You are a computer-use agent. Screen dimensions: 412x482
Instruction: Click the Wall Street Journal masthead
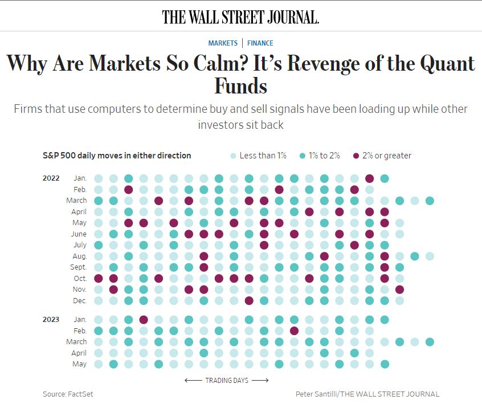tap(240, 17)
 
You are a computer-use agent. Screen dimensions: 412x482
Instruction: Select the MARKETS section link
tap(223, 43)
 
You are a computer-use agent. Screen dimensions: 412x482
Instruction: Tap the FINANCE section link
tap(260, 43)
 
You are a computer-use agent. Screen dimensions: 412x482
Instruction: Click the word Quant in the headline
tap(445, 63)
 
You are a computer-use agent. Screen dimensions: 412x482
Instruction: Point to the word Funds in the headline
tap(240, 86)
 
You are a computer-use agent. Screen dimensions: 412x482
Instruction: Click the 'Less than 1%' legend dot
tap(233, 156)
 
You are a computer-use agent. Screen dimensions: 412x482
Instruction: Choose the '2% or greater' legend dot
tap(357, 156)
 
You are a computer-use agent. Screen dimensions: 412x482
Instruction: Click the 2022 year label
tap(51, 178)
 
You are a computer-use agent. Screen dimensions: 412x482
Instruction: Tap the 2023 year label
tap(51, 319)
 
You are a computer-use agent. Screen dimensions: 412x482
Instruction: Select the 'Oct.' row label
tap(79, 278)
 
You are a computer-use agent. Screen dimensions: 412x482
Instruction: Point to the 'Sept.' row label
tap(78, 267)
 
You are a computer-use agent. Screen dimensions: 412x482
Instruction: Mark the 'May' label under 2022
tap(80, 222)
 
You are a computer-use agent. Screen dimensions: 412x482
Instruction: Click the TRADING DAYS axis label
tap(227, 380)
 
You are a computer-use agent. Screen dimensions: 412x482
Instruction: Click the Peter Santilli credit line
tap(367, 394)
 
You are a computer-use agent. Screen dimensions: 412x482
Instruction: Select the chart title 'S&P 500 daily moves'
tap(117, 156)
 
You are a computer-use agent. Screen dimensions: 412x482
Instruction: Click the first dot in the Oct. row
tap(99, 278)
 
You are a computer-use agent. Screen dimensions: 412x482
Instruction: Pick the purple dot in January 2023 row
tap(144, 320)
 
